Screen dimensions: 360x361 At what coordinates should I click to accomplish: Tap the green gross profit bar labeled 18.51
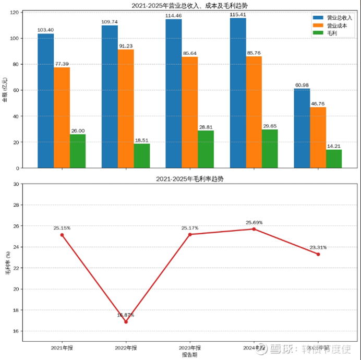pyautogui.click(x=142, y=155)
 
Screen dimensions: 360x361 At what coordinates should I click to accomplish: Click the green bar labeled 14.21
pyautogui.click(x=334, y=159)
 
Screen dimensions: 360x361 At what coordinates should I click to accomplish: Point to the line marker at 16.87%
pyautogui.click(x=126, y=321)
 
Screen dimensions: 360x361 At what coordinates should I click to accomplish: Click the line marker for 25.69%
pyautogui.click(x=254, y=229)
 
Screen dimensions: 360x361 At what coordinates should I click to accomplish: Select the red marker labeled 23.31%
pyautogui.click(x=318, y=254)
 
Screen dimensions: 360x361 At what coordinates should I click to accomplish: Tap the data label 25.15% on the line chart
pyautogui.click(x=62, y=228)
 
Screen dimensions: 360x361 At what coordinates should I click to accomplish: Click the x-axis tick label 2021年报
pyautogui.click(x=62, y=347)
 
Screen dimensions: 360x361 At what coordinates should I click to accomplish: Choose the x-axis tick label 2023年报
pyautogui.click(x=190, y=347)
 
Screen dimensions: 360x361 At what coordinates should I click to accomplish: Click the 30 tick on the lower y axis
pyautogui.click(x=16, y=184)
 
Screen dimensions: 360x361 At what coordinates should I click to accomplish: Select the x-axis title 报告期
pyautogui.click(x=190, y=355)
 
